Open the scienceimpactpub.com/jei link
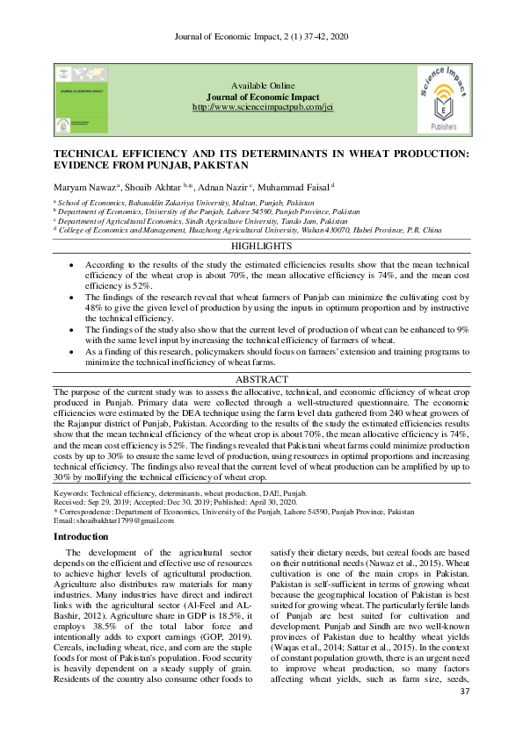coord(262,107)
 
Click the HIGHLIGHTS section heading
coord(261,248)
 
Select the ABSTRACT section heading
coord(261,380)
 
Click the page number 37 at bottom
coord(466,717)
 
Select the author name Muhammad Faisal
coord(295,188)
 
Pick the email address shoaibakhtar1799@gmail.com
coord(113,520)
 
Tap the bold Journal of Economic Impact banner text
coord(262,97)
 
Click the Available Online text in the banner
coord(262,86)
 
